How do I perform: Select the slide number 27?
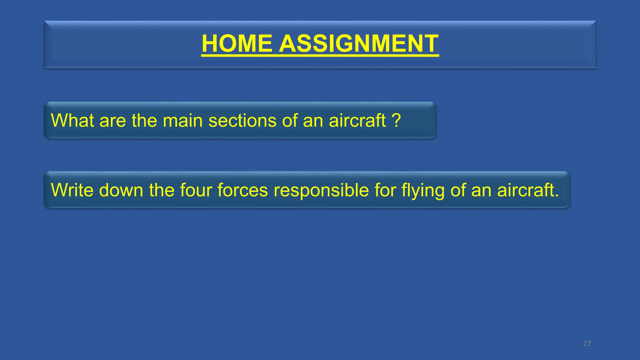(587, 344)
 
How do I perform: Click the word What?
(72, 120)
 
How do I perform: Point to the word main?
(182, 121)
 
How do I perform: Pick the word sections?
(242, 121)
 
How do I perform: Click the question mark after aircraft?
(396, 120)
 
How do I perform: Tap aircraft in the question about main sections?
(357, 121)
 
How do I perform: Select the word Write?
(72, 190)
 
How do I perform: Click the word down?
(121, 190)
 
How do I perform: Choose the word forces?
(242, 190)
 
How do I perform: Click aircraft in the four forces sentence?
(525, 190)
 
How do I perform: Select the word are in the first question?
(112, 121)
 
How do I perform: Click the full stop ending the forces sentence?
(557, 196)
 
